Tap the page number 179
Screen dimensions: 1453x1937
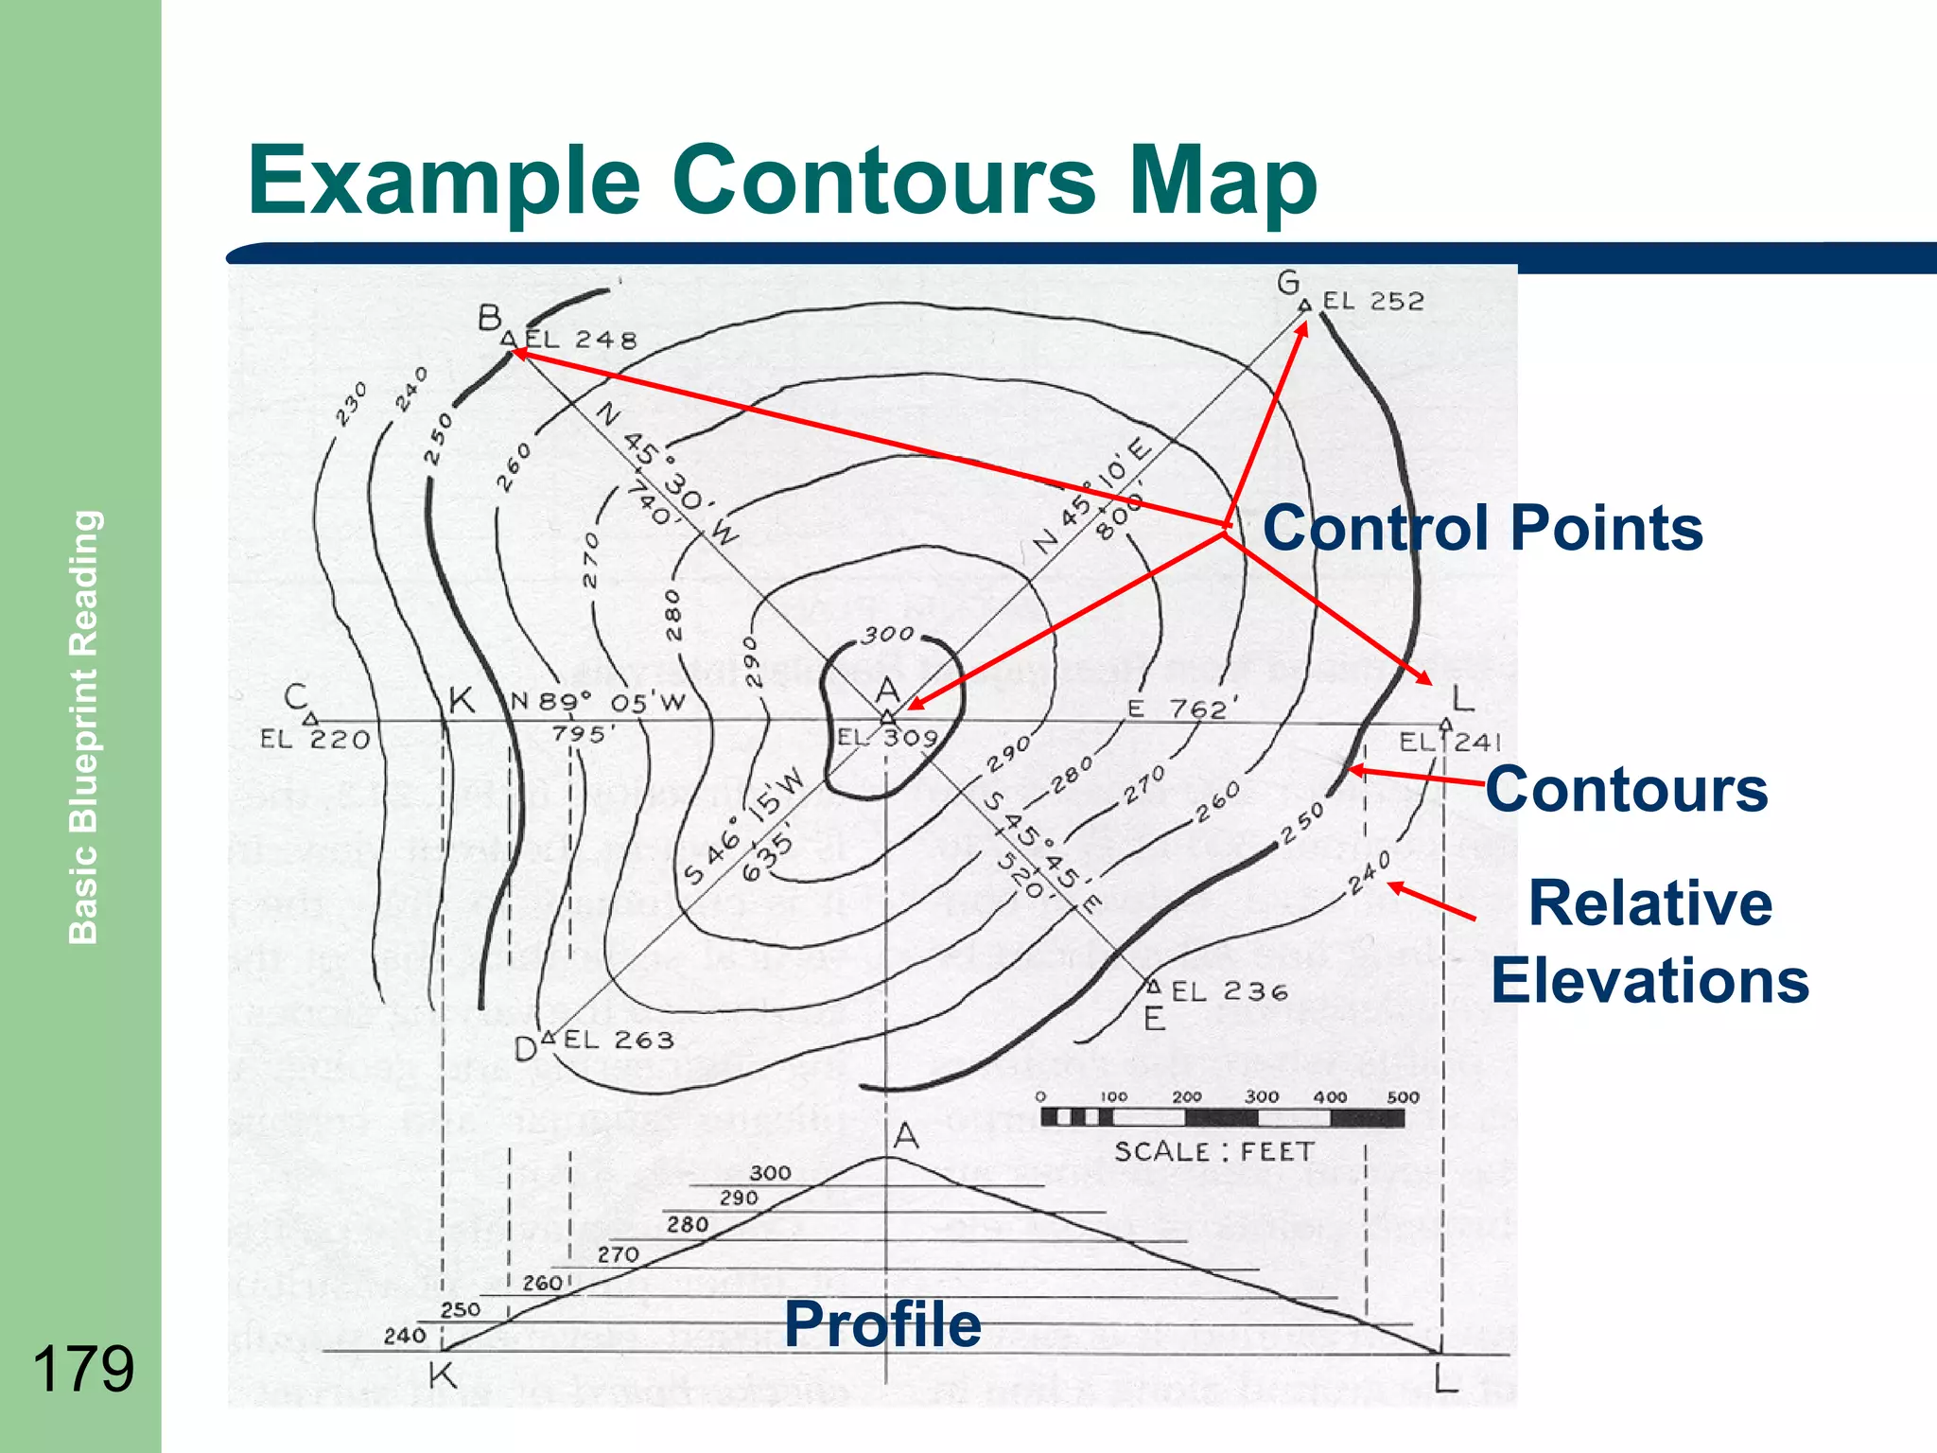point(83,1369)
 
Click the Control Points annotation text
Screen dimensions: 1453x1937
point(1482,527)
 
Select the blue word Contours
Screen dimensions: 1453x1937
point(1626,789)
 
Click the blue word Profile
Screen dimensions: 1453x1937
point(882,1323)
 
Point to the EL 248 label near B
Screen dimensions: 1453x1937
point(581,340)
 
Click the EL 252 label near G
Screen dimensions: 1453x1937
point(1372,301)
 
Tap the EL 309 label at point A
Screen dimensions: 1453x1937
point(887,738)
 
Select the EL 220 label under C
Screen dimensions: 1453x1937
point(315,739)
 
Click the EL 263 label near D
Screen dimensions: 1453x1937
point(619,1040)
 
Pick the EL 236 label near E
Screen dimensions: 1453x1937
point(1230,991)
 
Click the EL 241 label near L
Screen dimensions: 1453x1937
point(1450,742)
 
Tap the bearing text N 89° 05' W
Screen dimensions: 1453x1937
point(597,702)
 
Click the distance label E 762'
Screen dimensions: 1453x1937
point(1177,709)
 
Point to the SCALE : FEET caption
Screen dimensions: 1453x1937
point(1214,1151)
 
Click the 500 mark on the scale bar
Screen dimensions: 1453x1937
point(1403,1097)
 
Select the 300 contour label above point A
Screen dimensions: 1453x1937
point(889,634)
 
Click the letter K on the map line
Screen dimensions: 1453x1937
point(461,701)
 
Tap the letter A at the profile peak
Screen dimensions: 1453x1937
point(906,1134)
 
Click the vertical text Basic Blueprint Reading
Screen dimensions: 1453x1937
point(83,726)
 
